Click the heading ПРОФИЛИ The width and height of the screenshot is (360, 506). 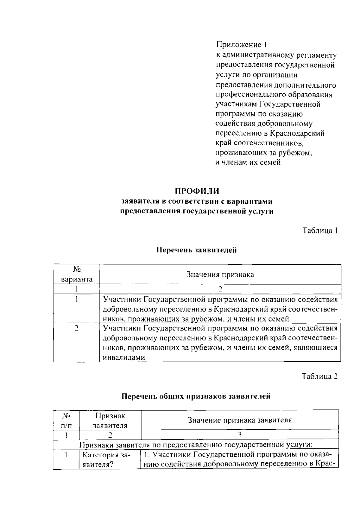point(197,191)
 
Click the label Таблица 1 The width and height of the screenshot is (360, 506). point(320,230)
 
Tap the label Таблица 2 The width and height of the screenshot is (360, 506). point(320,376)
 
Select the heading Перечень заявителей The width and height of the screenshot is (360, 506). point(197,250)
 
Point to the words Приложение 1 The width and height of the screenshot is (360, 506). point(241,45)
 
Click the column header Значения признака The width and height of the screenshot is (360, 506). point(220,275)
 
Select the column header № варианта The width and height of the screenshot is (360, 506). point(77,275)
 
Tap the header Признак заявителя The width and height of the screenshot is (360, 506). point(110,420)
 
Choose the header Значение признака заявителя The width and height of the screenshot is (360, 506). point(240,420)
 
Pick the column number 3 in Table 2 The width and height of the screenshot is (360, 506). point(240,435)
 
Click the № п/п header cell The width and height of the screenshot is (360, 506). point(66,420)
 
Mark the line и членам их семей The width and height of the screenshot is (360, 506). point(248,162)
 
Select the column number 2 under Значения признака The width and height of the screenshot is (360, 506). point(220,289)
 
